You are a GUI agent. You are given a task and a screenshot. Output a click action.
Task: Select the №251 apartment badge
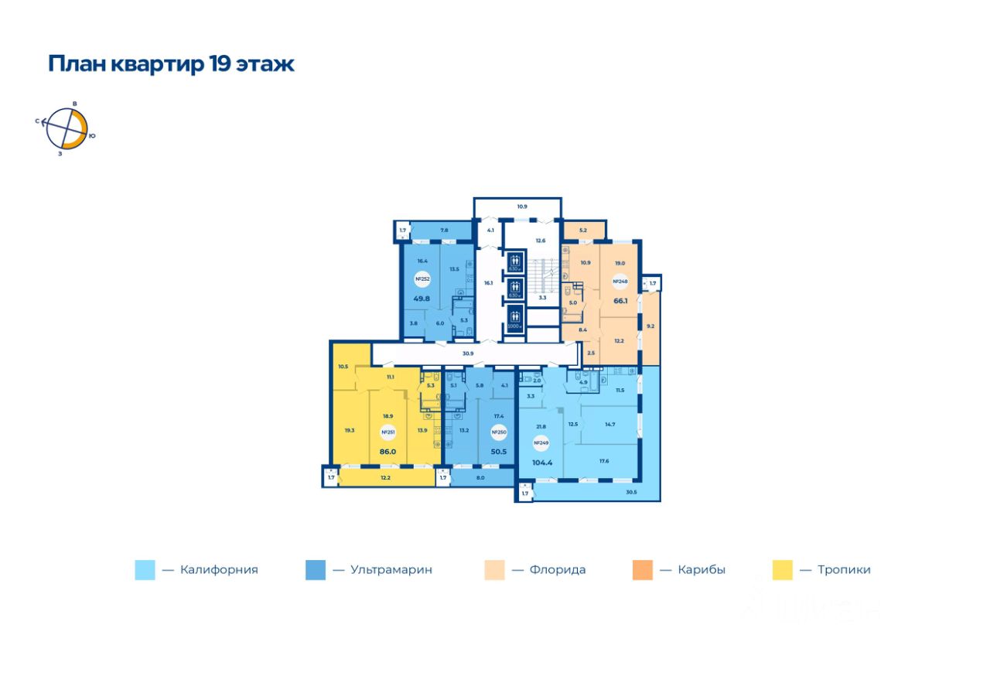point(384,432)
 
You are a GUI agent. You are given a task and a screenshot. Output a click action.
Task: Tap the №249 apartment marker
point(541,443)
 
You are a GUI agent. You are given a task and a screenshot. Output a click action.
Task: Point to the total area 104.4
point(543,463)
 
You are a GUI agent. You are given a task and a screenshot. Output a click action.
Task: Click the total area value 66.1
point(620,302)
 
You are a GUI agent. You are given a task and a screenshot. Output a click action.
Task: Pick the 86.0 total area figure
point(387,450)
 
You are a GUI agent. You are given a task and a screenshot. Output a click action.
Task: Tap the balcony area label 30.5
point(630,492)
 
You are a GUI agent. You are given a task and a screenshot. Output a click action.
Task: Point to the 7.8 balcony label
point(444,230)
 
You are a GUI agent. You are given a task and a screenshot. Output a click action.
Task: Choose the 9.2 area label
point(650,326)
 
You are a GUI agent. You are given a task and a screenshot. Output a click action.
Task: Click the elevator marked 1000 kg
point(514,318)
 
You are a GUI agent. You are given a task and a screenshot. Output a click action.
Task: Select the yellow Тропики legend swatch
point(783,570)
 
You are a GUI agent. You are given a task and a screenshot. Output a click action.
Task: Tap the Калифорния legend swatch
point(145,570)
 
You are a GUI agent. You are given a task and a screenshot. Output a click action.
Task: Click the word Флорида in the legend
point(558,570)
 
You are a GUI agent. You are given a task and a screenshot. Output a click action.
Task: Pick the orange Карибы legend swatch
point(642,570)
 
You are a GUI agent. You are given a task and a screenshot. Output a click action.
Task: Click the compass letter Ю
point(92,136)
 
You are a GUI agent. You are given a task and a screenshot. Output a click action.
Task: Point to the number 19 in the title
point(218,63)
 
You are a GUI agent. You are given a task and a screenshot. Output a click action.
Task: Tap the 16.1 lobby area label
point(487,283)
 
